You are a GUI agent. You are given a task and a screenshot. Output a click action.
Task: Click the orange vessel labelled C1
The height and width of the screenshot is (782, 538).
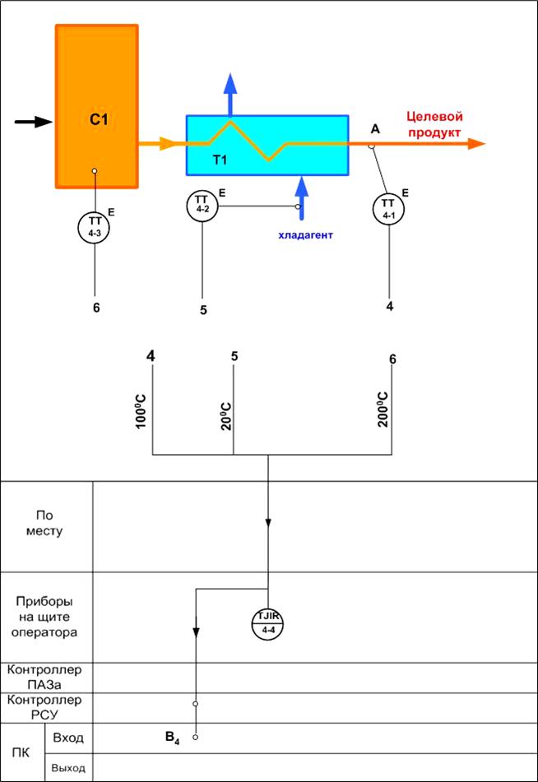point(97,107)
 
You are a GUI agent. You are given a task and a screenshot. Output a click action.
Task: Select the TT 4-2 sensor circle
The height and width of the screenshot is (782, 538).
point(202,205)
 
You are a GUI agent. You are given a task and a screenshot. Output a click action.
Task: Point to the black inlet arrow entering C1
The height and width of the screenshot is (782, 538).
point(33,122)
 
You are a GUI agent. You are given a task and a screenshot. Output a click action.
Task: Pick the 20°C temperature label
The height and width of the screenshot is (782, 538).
point(226,416)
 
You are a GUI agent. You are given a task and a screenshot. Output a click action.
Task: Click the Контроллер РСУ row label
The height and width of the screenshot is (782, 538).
point(44,707)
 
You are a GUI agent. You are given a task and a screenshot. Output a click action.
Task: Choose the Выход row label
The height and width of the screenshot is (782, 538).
point(69,768)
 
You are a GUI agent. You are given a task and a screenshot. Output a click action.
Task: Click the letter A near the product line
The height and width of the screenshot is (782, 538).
point(375,129)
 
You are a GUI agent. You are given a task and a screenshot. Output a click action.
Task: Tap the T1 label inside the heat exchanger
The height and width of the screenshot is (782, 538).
point(220,160)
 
